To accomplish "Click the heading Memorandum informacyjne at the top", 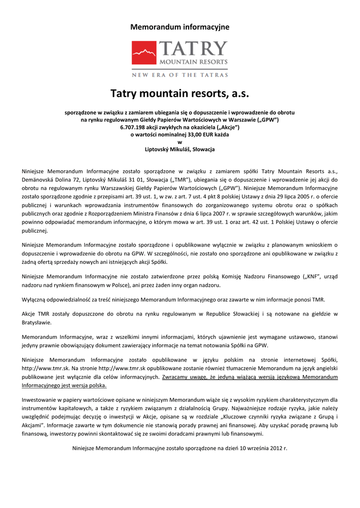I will point(180,27).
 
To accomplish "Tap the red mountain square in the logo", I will point(145,54).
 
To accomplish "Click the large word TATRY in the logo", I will point(194,49).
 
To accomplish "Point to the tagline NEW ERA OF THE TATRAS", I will point(180,75).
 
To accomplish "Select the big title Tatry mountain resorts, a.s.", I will point(180,93).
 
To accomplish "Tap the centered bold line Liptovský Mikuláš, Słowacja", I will point(180,149).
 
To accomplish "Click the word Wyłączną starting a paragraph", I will point(35,300).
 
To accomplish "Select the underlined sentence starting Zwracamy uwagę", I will point(250,377).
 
